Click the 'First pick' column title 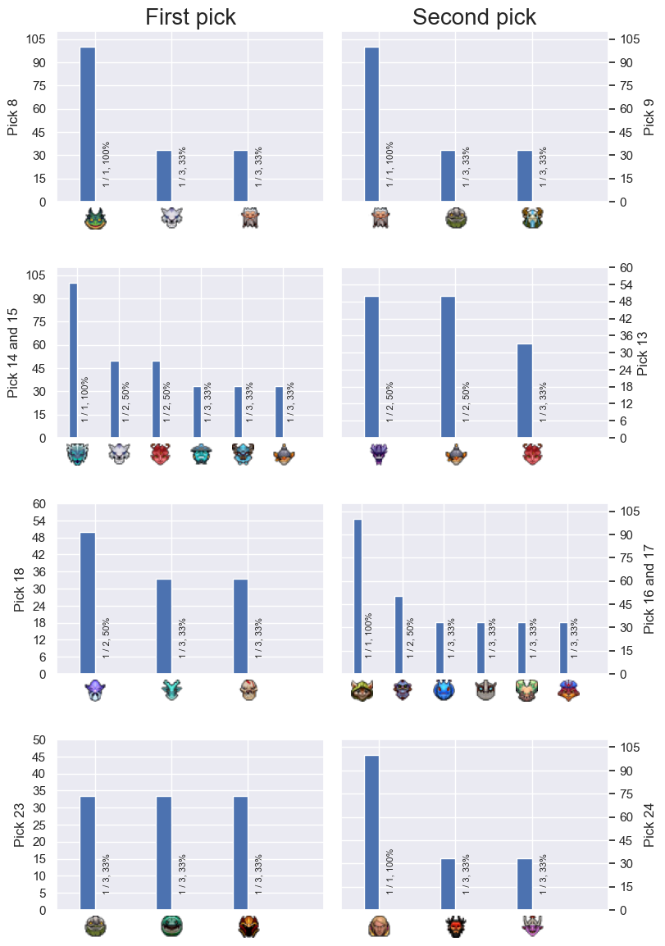pos(191,17)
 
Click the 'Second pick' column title pos(474,17)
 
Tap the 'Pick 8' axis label pos(12,118)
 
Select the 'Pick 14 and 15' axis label pos(12,353)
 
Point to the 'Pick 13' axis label pos(643,353)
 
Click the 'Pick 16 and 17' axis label pos(649,589)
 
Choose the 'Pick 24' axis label pos(649,825)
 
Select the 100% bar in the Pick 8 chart pos(88,125)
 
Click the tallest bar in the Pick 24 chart pos(371,832)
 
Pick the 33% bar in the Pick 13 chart pos(525,390)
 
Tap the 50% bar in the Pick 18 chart pos(88,603)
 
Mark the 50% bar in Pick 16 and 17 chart pos(399,634)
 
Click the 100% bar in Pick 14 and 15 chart pos(73,360)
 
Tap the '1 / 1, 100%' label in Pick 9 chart pos(389,164)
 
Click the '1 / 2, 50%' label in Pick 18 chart pos(106,638)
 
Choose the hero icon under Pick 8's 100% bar pos(95,218)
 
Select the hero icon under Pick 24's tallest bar pos(379,926)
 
